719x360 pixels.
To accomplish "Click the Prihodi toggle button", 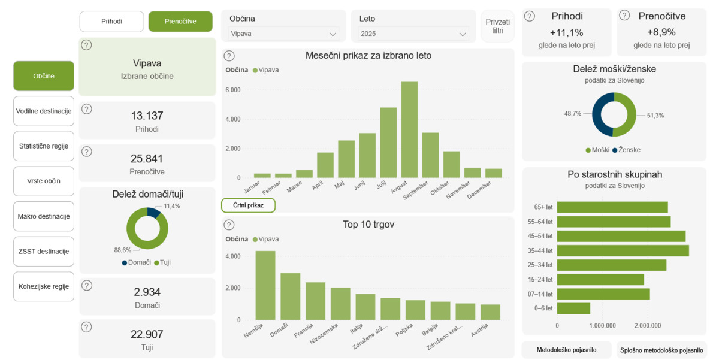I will coord(111,21).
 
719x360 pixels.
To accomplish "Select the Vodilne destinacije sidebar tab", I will coord(44,111).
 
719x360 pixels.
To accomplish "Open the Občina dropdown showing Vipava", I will coord(284,34).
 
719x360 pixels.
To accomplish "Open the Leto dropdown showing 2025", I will coord(413,34).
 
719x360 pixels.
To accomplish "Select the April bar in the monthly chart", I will coord(325,165).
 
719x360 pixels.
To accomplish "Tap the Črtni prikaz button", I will coord(248,205).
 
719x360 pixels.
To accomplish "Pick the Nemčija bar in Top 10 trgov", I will coord(265,285).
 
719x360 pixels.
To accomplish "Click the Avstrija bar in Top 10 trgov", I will coord(490,312).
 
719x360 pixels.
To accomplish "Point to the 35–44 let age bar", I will coord(623,250).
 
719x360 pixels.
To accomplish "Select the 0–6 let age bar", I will coord(573,308).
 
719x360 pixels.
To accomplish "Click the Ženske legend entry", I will coord(626,150).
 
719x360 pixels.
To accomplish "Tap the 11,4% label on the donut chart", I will coord(172,206).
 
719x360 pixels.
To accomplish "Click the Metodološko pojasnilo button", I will coord(566,350).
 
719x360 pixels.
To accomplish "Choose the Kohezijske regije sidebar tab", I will coord(44,286).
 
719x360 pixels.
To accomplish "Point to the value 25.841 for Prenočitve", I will coord(147,159).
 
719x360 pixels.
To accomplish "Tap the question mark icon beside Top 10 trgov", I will coord(229,225).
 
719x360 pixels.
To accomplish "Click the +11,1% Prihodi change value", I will coord(566,32).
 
